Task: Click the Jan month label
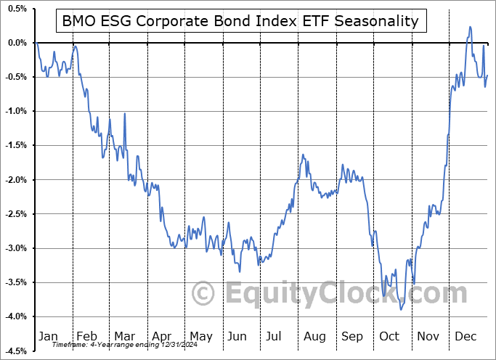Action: pyautogui.click(x=47, y=337)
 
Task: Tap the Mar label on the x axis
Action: pyautogui.click(x=125, y=337)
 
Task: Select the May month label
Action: pyautogui.click(x=201, y=337)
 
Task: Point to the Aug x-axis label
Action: pyautogui.click(x=315, y=337)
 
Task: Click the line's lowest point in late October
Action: pyautogui.click(x=401, y=309)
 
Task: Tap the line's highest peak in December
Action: pyautogui.click(x=470, y=27)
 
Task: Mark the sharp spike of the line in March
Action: pyautogui.click(x=124, y=114)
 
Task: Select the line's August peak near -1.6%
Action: pyautogui.click(x=303, y=155)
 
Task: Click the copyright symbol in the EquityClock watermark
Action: pyautogui.click(x=203, y=293)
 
